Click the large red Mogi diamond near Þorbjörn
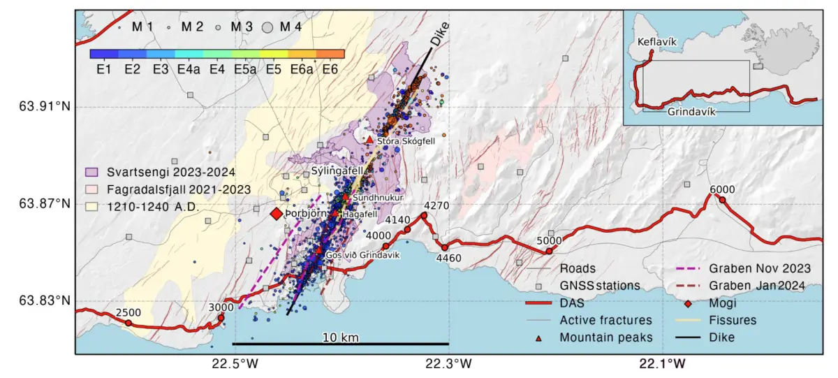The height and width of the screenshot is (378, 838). click(277, 214)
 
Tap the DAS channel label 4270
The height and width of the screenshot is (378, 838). click(436, 205)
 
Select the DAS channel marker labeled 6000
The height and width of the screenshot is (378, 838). click(723, 201)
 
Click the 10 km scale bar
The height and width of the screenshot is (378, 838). click(341, 343)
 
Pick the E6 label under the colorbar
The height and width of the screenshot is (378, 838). click(330, 70)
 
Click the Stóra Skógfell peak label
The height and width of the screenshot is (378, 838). click(406, 141)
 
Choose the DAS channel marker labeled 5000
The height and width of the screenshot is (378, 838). click(550, 251)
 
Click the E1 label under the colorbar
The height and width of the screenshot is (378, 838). click(105, 70)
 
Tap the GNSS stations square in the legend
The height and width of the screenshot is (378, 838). click(538, 286)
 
